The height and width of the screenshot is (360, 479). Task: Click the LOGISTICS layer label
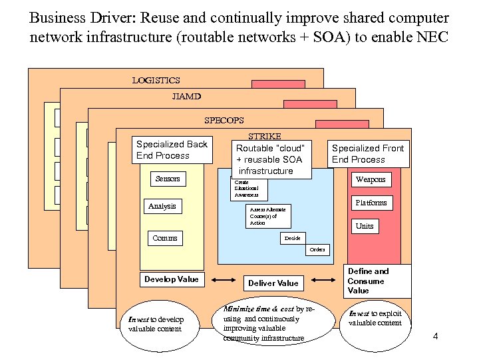[x=156, y=81]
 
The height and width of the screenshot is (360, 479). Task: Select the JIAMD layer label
[x=186, y=97]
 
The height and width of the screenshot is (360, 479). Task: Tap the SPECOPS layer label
[x=224, y=121]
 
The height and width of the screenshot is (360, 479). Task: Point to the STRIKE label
[x=264, y=136]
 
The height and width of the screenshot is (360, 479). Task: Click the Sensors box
[x=168, y=179]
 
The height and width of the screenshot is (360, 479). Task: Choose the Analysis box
[x=162, y=207]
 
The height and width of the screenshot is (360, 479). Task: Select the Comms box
[x=165, y=238]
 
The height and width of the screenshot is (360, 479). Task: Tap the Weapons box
[x=371, y=179]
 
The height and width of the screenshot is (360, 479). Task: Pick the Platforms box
[x=371, y=203]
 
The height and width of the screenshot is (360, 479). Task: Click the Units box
[x=365, y=226]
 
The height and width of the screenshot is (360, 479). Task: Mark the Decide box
[x=292, y=238]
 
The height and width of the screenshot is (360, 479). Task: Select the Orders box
[x=317, y=250]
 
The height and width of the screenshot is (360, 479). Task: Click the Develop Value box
[x=171, y=279]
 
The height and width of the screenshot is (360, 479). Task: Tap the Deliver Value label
[x=273, y=283]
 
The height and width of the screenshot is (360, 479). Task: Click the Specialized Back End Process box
[x=172, y=150]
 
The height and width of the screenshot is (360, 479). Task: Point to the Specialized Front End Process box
[x=367, y=153]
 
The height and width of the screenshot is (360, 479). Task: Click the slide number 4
[x=435, y=335]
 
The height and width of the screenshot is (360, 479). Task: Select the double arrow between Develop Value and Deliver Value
[x=224, y=281]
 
